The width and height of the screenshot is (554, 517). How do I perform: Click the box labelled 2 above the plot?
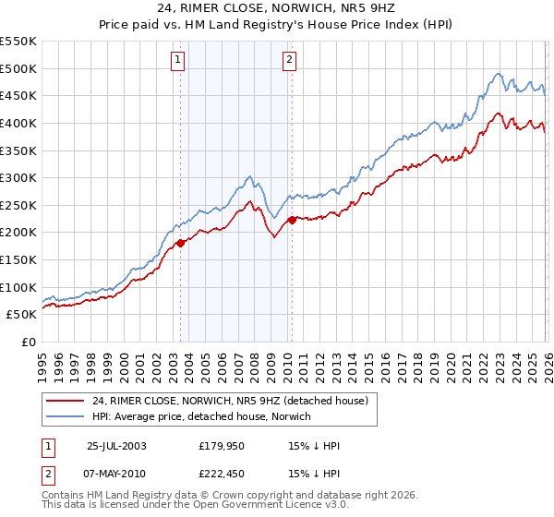tap(289, 60)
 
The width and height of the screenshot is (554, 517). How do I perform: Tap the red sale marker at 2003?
tap(181, 243)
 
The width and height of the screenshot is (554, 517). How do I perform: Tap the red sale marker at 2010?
tap(292, 220)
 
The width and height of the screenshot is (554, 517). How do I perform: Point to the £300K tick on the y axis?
tap(18, 177)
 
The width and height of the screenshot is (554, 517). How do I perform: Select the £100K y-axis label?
tap(18, 287)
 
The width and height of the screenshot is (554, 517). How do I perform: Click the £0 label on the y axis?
tap(28, 342)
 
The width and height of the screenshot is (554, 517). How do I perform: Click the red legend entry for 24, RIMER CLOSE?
tap(230, 401)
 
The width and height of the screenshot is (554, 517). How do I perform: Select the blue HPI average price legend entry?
tap(203, 417)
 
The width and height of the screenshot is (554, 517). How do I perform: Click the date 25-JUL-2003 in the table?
tap(115, 445)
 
